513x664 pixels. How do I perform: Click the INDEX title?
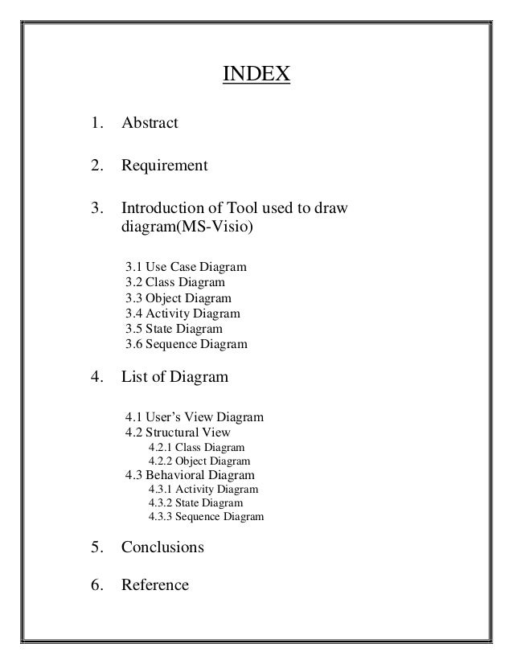coord(255,76)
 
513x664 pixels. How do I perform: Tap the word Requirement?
coord(164,166)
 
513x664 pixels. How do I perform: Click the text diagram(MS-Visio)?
coord(187,228)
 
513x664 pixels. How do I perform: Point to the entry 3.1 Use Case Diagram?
coord(187,266)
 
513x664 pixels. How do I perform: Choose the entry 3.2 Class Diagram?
coord(175,282)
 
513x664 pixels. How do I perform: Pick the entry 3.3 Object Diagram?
coord(179,298)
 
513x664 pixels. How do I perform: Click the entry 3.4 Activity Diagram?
coord(183,314)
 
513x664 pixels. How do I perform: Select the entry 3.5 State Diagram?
coord(174,329)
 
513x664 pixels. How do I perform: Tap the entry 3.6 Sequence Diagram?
coord(187,345)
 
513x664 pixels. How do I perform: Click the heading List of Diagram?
coord(174,375)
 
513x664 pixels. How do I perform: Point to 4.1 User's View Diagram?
coord(194,417)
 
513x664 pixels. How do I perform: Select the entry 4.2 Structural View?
coord(178,432)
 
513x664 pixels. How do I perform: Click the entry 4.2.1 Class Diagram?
coord(197,447)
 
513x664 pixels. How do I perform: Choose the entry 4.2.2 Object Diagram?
coord(199,461)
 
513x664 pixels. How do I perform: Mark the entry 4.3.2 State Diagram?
coord(196,502)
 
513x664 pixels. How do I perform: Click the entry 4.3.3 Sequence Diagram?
coord(206,516)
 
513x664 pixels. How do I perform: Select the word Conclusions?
coord(162,547)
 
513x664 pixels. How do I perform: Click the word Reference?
coord(154,584)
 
